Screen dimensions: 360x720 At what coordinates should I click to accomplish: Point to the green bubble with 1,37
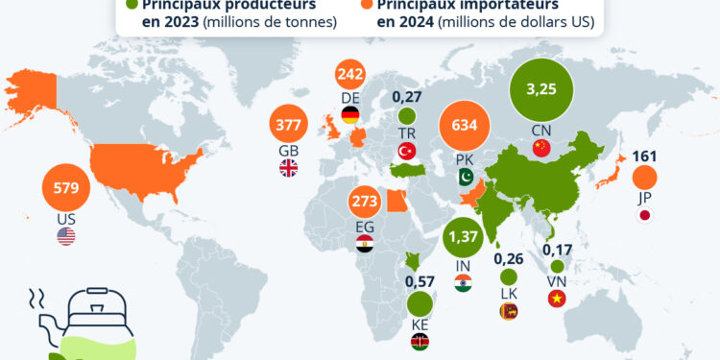click(x=464, y=235)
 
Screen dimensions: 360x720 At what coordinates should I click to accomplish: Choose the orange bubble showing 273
click(x=365, y=204)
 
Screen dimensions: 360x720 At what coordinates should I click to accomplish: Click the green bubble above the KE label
click(x=420, y=304)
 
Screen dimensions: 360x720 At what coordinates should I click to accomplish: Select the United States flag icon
click(x=66, y=236)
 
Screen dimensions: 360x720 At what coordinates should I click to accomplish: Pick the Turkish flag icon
click(x=406, y=153)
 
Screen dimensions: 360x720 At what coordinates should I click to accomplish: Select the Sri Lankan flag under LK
click(x=508, y=310)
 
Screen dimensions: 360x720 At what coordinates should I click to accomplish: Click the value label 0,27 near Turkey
click(x=407, y=97)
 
